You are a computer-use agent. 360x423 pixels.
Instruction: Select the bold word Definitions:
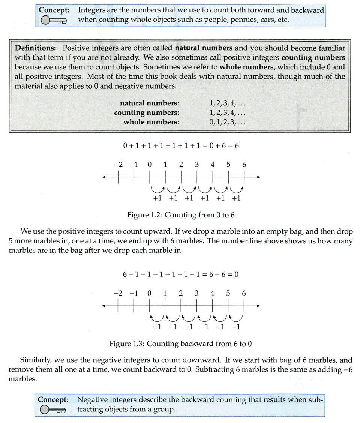37,48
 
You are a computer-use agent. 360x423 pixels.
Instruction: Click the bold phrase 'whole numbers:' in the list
151,122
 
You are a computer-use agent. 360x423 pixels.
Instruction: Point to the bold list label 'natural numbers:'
149,103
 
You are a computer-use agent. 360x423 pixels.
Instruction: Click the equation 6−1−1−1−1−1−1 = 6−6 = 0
181,274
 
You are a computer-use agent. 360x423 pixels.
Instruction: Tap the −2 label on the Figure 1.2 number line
118,165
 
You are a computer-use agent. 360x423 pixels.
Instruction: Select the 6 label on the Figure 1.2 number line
244,165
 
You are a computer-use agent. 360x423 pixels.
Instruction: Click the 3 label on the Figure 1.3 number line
196,293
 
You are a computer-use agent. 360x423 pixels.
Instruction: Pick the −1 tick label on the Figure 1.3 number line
133,293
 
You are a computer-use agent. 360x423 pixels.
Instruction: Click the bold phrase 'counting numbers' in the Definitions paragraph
313,58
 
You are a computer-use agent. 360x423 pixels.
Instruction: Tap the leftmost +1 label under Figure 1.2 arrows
157,198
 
